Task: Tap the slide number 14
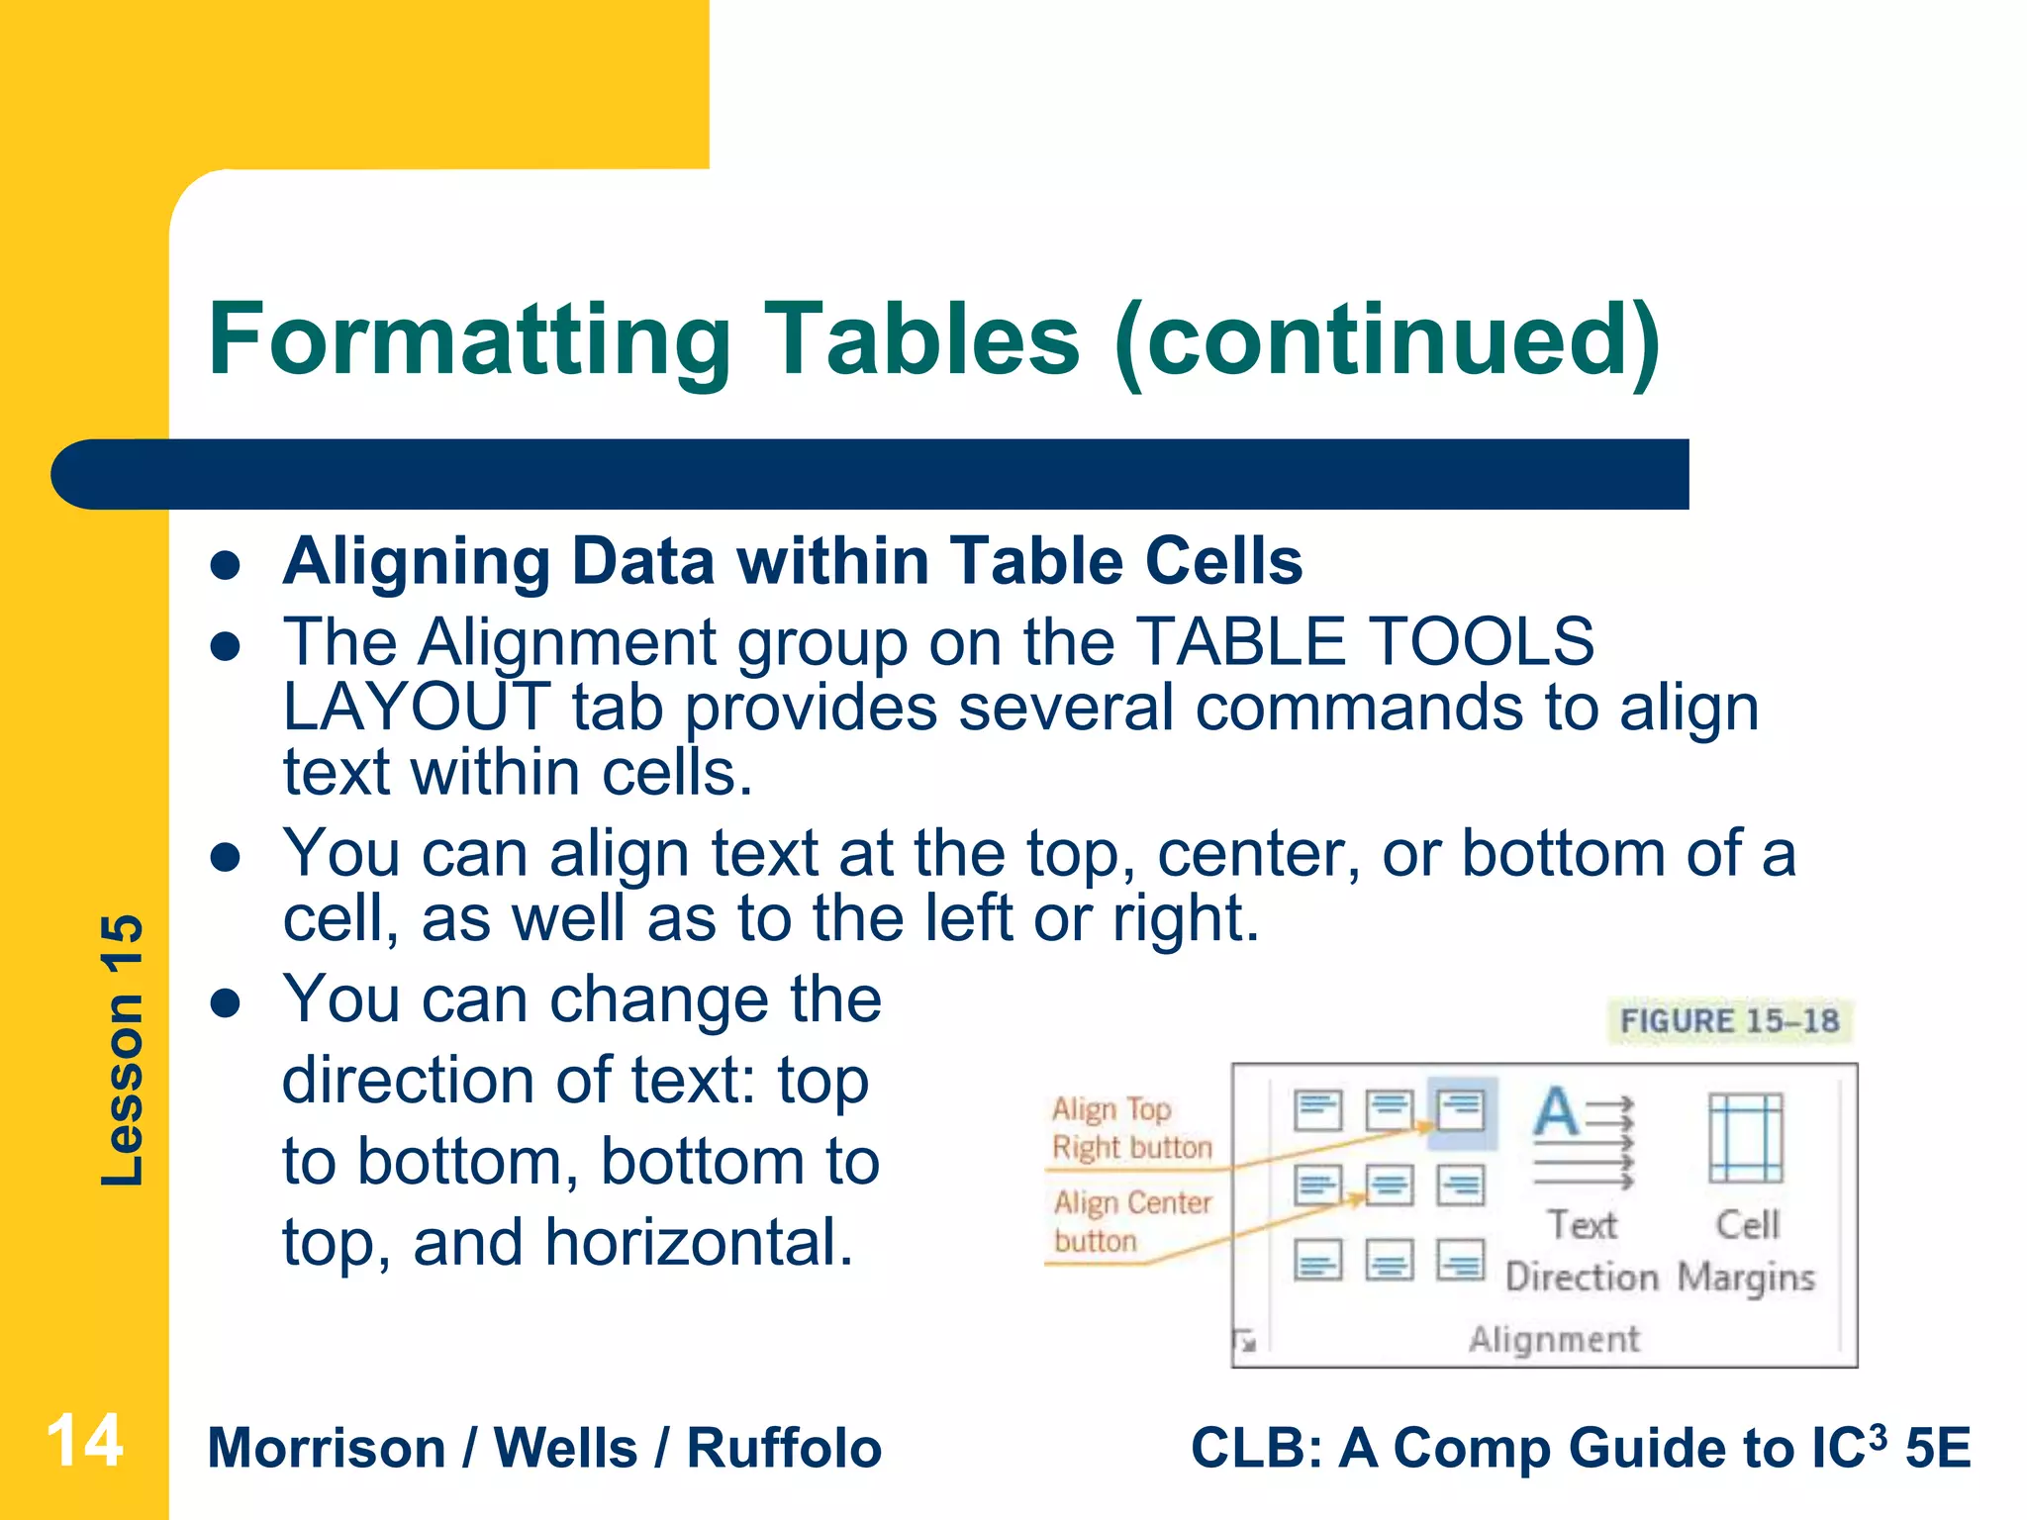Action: [x=85, y=1441]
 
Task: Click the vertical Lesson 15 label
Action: [x=123, y=1050]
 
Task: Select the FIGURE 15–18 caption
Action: [x=1728, y=1020]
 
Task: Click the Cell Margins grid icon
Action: [x=1746, y=1138]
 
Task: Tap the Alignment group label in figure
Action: [x=1554, y=1339]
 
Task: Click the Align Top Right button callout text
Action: [x=1130, y=1128]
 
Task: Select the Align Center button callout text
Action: [x=1130, y=1221]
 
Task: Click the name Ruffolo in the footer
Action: [x=783, y=1449]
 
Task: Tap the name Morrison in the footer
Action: [x=327, y=1449]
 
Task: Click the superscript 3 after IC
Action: [x=1878, y=1434]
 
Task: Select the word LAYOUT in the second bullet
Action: [x=416, y=708]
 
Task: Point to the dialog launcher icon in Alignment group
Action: [x=1245, y=1341]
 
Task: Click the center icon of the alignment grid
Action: [x=1389, y=1185]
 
